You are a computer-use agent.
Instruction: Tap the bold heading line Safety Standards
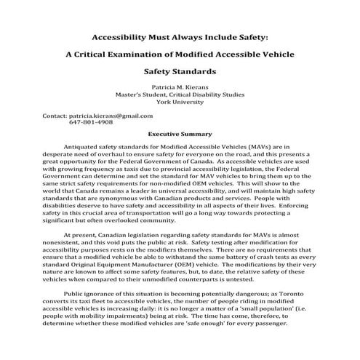(180, 72)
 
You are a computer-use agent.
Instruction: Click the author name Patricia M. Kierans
(180, 86)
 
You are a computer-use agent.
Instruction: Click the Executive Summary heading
(180, 134)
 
